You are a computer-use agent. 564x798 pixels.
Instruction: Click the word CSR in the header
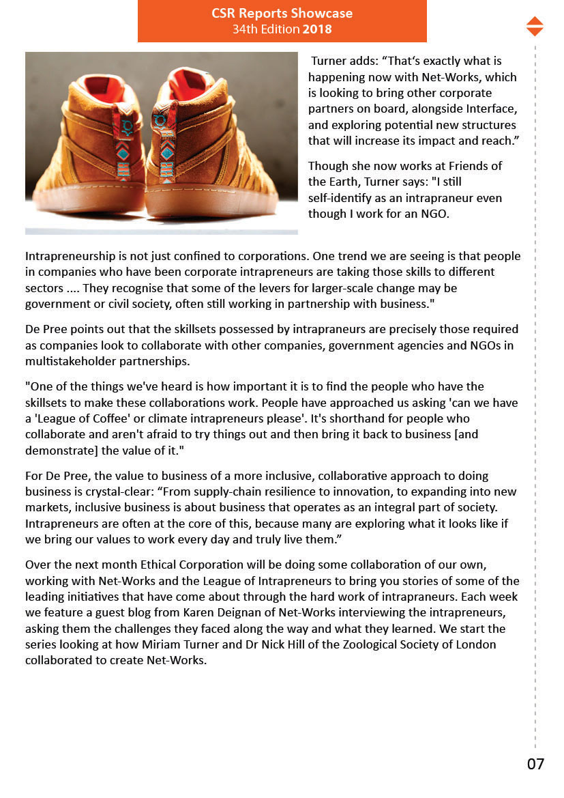(226, 13)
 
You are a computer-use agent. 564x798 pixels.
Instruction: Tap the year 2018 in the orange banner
(317, 29)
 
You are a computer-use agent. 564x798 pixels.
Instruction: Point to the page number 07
(535, 764)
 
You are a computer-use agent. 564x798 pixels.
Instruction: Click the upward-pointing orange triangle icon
(535, 20)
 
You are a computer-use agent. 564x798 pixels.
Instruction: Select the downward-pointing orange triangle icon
(535, 31)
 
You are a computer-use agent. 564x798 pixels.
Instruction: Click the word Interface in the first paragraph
(489, 109)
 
